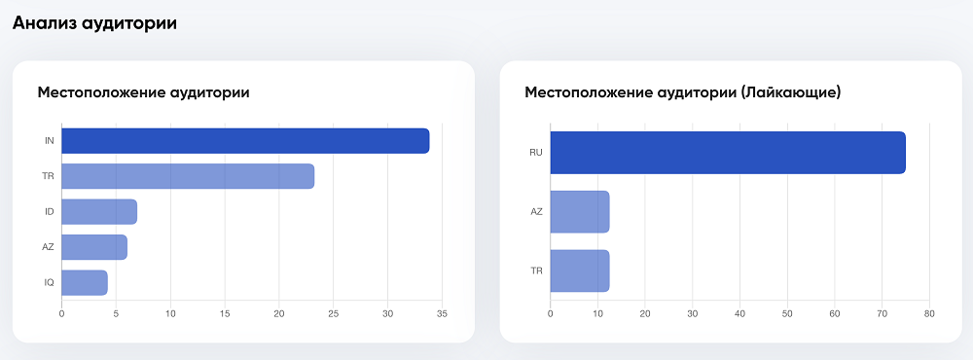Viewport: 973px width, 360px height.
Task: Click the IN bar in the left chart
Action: point(245,141)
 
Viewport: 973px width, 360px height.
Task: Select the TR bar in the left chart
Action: point(188,176)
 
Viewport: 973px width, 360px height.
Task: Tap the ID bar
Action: point(99,211)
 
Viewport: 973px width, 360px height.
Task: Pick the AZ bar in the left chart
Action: point(94,247)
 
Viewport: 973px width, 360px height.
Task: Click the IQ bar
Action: point(85,282)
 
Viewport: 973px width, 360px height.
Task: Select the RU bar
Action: point(728,153)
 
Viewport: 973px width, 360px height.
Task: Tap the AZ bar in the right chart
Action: point(580,212)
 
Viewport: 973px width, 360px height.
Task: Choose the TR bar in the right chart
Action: point(580,270)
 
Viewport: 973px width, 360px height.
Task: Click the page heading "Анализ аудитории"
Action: point(94,23)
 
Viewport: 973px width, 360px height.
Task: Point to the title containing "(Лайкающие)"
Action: point(682,92)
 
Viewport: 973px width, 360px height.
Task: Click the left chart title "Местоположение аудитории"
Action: point(143,92)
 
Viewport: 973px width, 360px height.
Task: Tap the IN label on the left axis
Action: point(49,141)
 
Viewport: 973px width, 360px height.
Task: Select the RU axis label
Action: point(535,153)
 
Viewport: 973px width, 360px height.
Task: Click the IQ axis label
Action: point(49,282)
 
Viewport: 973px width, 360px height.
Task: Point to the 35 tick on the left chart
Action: point(442,314)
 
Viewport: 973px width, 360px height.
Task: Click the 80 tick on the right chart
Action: point(929,314)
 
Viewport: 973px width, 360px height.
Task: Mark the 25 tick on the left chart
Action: point(333,314)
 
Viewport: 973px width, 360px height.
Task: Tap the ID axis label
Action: point(49,211)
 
